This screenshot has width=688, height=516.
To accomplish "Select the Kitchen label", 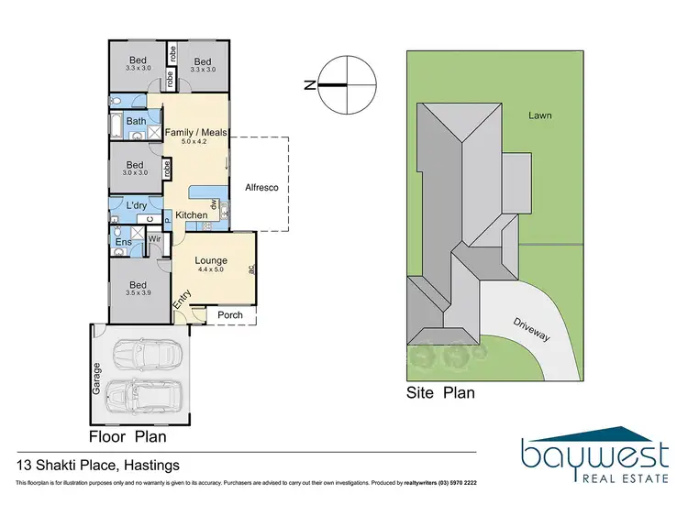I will (x=192, y=215).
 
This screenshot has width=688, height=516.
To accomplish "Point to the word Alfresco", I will (x=261, y=188).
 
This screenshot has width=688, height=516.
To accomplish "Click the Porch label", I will (x=230, y=315).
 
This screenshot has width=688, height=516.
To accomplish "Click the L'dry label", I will (x=137, y=205).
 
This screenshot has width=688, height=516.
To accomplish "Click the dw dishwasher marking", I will (x=213, y=205).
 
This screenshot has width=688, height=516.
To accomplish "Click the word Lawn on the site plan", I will (x=539, y=115).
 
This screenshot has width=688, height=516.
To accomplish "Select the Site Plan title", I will (x=440, y=393).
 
